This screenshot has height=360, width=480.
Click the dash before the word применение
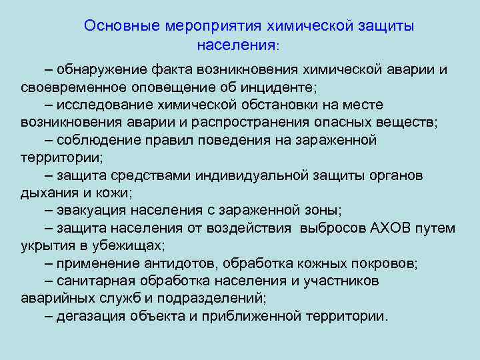(x=50, y=263)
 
